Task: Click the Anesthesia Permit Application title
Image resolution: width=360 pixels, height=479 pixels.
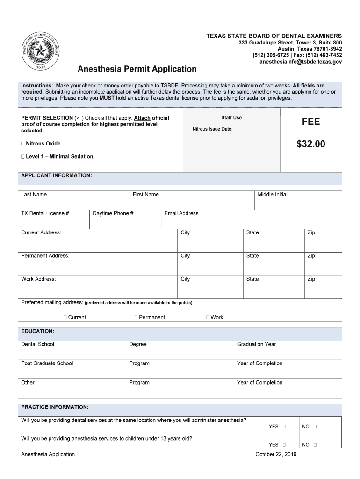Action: coord(137,69)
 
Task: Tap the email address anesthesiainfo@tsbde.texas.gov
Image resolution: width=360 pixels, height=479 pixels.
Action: coord(301,61)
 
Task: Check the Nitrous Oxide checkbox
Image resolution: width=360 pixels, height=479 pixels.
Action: coord(23,144)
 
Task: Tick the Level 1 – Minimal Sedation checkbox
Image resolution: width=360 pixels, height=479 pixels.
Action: coord(23,157)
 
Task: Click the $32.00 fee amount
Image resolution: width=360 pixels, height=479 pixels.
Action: coord(310,144)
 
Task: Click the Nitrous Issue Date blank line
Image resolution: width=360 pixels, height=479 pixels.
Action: coord(252,129)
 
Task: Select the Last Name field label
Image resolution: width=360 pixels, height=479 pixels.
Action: coord(34,195)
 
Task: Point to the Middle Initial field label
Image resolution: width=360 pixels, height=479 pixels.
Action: coord(273,195)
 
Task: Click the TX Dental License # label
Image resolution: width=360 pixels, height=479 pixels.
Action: coord(45,214)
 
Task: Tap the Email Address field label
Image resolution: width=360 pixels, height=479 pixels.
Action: coord(181,214)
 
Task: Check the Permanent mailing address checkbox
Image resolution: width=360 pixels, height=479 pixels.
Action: coord(136,318)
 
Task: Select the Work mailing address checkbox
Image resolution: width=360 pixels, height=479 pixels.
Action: coord(208,318)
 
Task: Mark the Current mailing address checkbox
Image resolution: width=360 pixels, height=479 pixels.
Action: coord(65,318)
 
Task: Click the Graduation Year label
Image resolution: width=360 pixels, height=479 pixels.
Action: coord(256,345)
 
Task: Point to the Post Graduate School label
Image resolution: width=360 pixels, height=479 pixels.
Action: coord(47,363)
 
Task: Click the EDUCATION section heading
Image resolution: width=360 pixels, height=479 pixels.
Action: coord(37,332)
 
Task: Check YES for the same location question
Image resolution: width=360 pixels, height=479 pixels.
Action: coord(284,427)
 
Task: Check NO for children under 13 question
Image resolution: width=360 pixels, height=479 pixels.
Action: coord(316,445)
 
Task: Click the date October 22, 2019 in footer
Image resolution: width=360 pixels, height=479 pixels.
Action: coord(276,454)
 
